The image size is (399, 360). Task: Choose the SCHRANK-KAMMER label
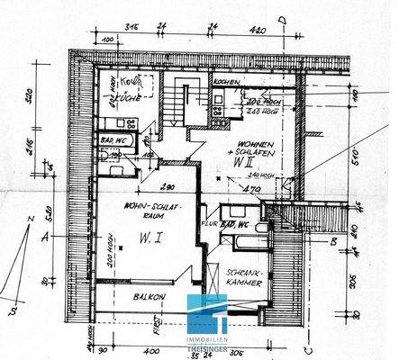coord(246,276)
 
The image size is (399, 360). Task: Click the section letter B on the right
coord(308,240)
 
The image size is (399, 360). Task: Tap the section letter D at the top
coord(282,16)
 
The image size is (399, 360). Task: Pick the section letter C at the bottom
coord(282,347)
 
